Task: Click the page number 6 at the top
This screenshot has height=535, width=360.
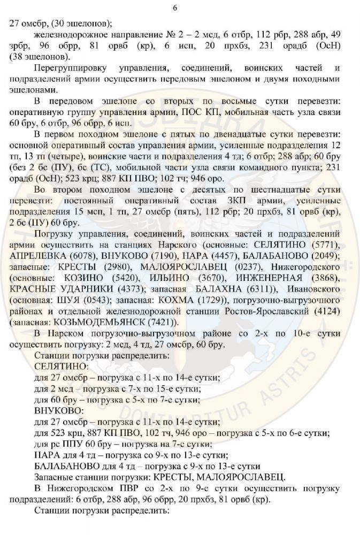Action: pos(180,7)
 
